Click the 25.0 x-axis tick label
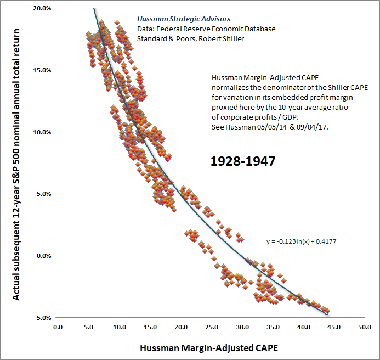click(x=211, y=328)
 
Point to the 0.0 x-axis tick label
click(x=58, y=328)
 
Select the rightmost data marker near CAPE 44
click(x=327, y=311)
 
